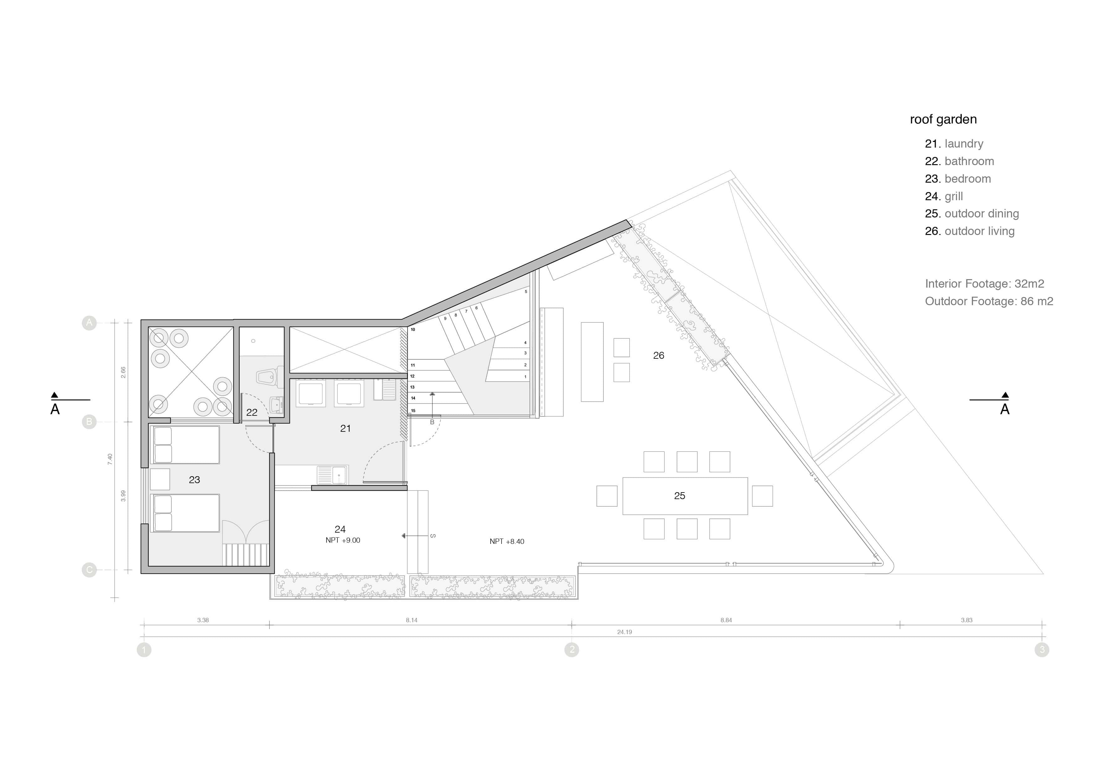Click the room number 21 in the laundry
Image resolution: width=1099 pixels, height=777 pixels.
pyautogui.click(x=345, y=429)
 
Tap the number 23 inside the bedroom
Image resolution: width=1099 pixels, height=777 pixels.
pyautogui.click(x=194, y=480)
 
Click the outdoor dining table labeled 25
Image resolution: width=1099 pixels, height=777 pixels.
pyautogui.click(x=685, y=496)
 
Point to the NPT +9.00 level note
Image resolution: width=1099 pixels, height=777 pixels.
pyautogui.click(x=343, y=540)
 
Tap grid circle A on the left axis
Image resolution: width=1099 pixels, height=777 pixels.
pyautogui.click(x=89, y=323)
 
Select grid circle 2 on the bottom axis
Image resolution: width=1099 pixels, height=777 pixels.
pyautogui.click(x=571, y=650)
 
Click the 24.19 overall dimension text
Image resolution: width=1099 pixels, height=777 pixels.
pyautogui.click(x=624, y=632)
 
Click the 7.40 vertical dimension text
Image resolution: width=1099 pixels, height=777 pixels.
pyautogui.click(x=110, y=459)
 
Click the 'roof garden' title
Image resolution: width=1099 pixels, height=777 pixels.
pyautogui.click(x=943, y=119)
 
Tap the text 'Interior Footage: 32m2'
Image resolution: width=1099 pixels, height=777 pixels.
pyautogui.click(x=984, y=284)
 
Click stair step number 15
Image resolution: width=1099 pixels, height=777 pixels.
pyautogui.click(x=413, y=411)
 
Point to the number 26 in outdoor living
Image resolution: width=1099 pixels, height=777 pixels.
pyautogui.click(x=659, y=355)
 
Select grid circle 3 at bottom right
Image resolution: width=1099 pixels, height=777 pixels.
pyautogui.click(x=1042, y=650)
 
